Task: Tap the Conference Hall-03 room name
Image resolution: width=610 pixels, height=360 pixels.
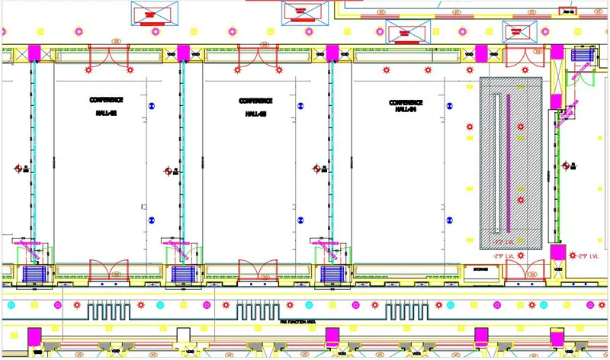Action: click(x=255, y=107)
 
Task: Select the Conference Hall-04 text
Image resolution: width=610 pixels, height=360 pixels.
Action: click(x=405, y=106)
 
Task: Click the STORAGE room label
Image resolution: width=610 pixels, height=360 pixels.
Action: click(x=480, y=268)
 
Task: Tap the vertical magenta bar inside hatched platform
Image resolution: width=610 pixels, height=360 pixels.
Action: click(x=509, y=163)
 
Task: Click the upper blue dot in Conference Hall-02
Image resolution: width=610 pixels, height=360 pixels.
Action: click(x=151, y=104)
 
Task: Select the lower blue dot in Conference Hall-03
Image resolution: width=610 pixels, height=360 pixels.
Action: click(x=300, y=222)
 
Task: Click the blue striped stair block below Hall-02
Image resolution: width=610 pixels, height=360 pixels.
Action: click(x=34, y=274)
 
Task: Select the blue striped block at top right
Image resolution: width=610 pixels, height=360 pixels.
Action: click(x=580, y=55)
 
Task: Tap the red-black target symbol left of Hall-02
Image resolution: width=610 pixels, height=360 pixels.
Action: click(x=19, y=169)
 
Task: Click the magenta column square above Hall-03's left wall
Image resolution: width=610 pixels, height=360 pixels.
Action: click(x=183, y=53)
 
